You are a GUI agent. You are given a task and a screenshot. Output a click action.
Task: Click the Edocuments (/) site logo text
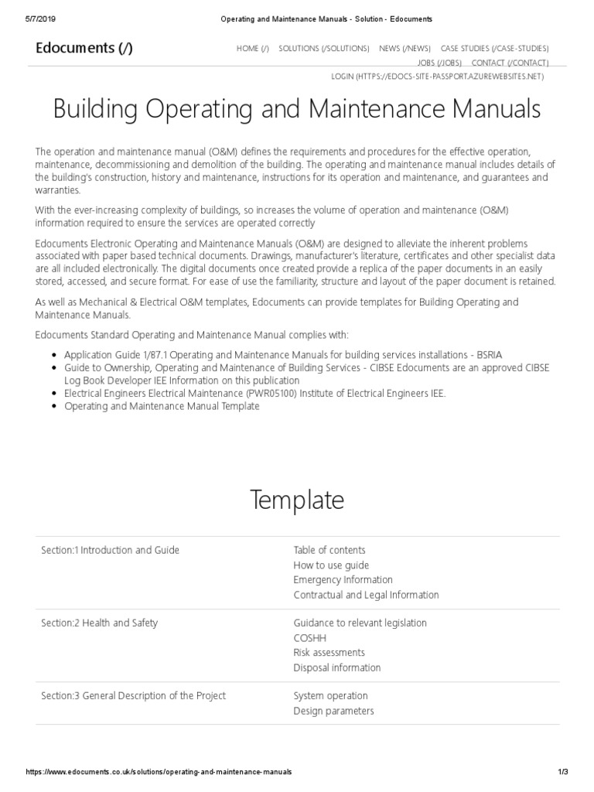[x=84, y=49]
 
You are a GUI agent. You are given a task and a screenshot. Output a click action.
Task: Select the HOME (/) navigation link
[x=253, y=49]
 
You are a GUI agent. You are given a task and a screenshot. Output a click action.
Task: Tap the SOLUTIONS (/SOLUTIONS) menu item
[x=323, y=49]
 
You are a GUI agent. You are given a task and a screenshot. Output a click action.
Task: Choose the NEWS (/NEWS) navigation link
[x=405, y=49]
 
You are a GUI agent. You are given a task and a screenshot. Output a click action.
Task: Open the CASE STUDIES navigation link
[x=494, y=49]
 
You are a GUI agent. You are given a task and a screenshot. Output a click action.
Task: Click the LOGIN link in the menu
[x=437, y=77]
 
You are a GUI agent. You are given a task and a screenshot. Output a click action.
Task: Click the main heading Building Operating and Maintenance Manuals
[x=296, y=109]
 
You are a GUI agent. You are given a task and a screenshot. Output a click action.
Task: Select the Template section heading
[x=296, y=500]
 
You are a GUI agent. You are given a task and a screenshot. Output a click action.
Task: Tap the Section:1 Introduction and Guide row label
[x=110, y=550]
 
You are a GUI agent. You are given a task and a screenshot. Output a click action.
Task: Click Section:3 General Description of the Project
[x=133, y=695]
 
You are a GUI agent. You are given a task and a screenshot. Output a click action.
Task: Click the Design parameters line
[x=333, y=711]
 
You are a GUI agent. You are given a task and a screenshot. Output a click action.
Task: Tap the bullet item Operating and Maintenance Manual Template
[x=162, y=406]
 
